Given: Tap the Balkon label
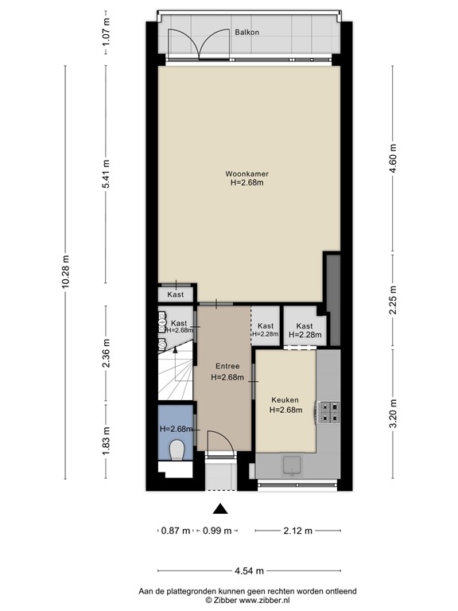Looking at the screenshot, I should point(246,33).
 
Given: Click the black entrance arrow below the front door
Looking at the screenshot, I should point(220,509).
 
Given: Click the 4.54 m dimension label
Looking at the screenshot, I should point(248,570).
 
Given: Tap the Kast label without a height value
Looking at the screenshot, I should point(176,294).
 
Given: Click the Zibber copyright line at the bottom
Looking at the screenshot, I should point(247,601).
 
